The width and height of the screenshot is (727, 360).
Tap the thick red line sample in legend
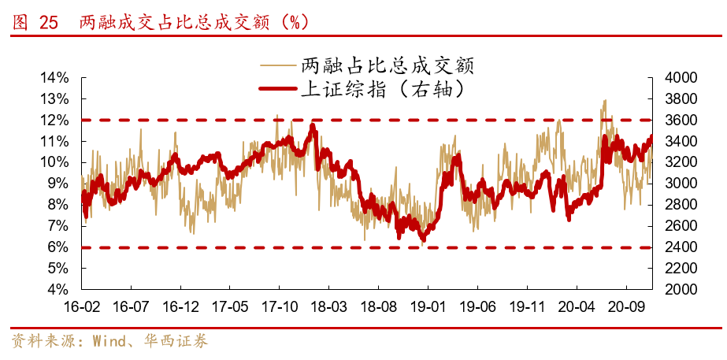(277, 88)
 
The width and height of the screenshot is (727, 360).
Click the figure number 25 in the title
(48, 23)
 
